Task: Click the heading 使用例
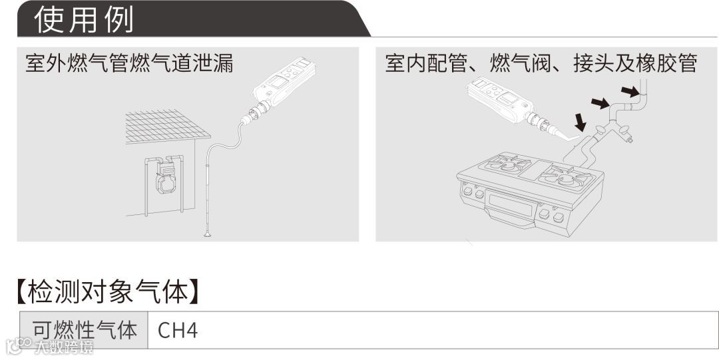click(x=84, y=19)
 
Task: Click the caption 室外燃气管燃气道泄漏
click(x=129, y=64)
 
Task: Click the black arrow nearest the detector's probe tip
click(x=581, y=121)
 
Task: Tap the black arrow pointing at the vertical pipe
click(x=629, y=89)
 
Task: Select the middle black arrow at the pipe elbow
click(x=600, y=102)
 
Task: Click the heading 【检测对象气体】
click(x=107, y=290)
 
